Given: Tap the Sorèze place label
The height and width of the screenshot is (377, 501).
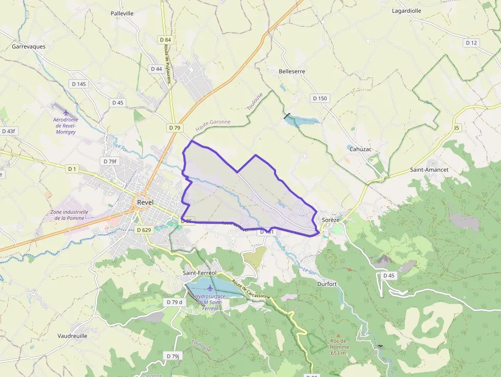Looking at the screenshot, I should click(x=331, y=219).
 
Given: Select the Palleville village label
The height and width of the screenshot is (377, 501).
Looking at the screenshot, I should click(x=122, y=13).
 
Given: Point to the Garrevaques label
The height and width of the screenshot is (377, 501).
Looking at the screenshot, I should click(x=29, y=47).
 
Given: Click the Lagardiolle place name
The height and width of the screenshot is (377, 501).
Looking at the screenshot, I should click(x=407, y=10).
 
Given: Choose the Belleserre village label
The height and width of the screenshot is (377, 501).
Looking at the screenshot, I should click(x=292, y=72).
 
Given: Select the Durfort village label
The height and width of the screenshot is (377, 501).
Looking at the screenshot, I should click(x=327, y=284).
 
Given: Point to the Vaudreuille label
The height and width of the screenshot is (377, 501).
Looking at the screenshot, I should click(x=73, y=336).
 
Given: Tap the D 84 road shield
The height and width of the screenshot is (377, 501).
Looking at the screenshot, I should click(x=165, y=40).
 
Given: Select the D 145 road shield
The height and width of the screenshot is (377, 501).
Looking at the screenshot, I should click(x=78, y=84).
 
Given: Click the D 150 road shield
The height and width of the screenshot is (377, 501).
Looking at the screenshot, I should click(x=320, y=98).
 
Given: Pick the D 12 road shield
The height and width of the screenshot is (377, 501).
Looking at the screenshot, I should click(x=471, y=42).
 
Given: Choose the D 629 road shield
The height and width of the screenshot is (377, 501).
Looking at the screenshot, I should click(x=144, y=230).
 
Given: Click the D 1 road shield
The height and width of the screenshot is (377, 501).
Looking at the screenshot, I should click(x=72, y=168).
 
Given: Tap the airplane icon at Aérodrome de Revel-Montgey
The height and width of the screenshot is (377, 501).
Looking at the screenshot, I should click(x=66, y=112).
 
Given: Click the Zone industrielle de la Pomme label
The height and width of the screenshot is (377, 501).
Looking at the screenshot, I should click(x=69, y=215).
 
